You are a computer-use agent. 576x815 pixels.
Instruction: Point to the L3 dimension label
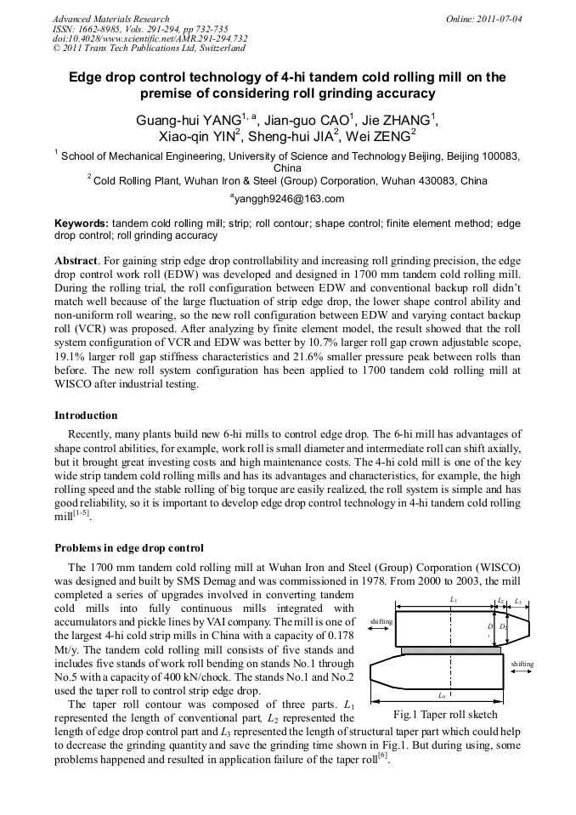pyautogui.click(x=518, y=600)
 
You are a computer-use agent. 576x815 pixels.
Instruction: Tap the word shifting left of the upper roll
pyautogui.click(x=381, y=621)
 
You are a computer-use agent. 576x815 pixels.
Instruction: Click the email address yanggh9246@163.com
pyautogui.click(x=287, y=199)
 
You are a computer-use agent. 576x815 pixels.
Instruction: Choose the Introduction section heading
pyautogui.click(x=86, y=416)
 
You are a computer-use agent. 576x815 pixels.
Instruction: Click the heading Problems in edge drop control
pyautogui.click(x=128, y=547)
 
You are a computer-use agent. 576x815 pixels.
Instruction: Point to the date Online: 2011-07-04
pyautogui.click(x=483, y=18)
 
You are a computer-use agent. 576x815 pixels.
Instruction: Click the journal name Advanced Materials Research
pyautogui.click(x=110, y=18)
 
